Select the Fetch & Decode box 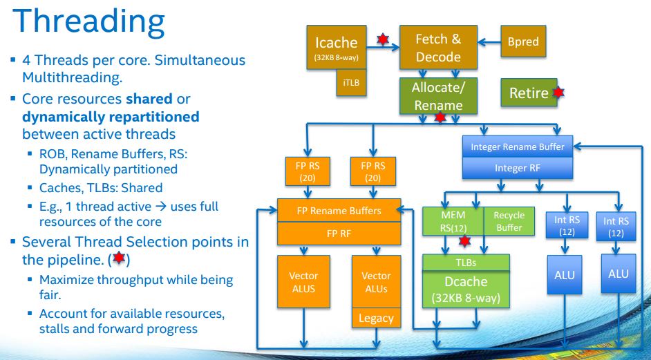click(x=437, y=48)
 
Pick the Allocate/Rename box click(x=437, y=96)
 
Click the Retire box click(x=529, y=93)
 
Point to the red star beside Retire click(x=558, y=92)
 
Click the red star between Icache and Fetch click(x=382, y=39)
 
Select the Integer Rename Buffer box click(x=517, y=146)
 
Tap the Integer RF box click(x=517, y=167)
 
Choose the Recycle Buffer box click(x=509, y=220)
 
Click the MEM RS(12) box click(x=453, y=220)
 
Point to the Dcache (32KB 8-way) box click(x=466, y=290)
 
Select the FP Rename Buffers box click(x=339, y=211)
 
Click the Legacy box click(x=376, y=318)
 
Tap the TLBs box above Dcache click(x=466, y=263)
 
